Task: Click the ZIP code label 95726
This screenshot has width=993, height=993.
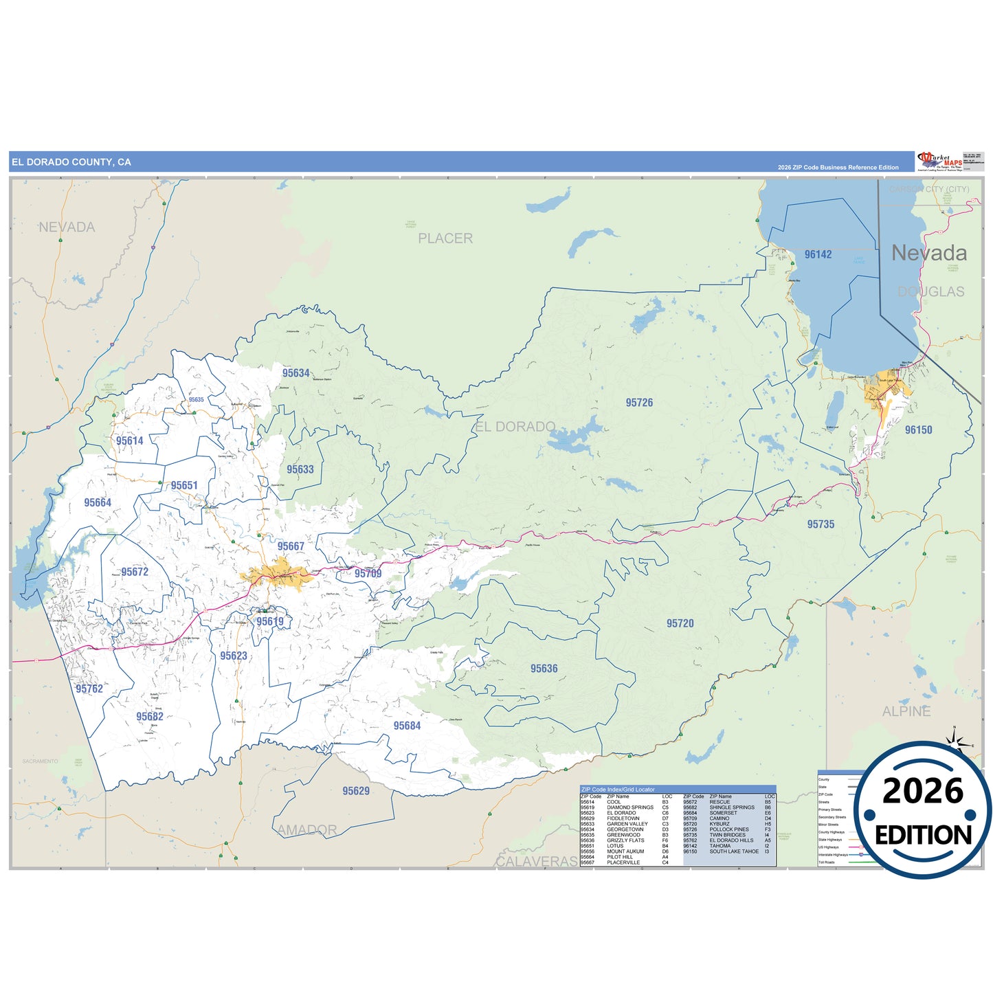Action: coord(639,403)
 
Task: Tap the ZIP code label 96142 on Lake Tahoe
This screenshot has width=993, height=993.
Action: coord(818,254)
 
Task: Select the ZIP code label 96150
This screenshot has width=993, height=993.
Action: coord(918,430)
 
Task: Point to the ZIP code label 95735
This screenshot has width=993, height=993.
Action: coord(821,524)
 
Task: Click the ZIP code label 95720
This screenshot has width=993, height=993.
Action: coord(680,623)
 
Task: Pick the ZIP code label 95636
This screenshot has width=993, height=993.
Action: coord(544,669)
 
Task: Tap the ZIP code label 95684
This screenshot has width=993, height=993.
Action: coord(407,726)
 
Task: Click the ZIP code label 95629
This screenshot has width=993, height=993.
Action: coord(356,791)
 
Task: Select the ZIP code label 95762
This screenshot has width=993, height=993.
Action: coord(89,689)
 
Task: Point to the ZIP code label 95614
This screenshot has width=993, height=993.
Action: coord(129,441)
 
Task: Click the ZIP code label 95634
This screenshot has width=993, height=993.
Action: coord(295,373)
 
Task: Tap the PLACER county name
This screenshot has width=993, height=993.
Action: coord(445,238)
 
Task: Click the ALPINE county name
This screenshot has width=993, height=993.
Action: coord(906,711)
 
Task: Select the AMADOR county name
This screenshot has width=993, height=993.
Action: coord(307,830)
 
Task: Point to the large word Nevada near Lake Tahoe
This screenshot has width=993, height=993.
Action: coord(928,253)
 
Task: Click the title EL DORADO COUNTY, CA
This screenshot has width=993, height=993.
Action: coord(71,162)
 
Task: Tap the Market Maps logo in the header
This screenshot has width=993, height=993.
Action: coord(939,161)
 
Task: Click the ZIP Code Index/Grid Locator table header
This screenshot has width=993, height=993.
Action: coord(618,790)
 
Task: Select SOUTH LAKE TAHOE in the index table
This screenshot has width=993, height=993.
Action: coord(734,851)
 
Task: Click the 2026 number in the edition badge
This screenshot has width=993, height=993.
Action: coord(922,792)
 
